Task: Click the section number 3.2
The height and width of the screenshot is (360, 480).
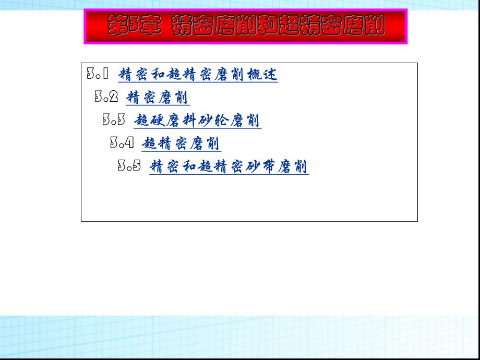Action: pyautogui.click(x=106, y=97)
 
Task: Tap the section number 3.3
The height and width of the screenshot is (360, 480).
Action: pyautogui.click(x=113, y=120)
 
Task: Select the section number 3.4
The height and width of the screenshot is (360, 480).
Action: pyautogui.click(x=122, y=143)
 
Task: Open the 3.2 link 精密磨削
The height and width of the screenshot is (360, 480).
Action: pyautogui.click(x=158, y=98)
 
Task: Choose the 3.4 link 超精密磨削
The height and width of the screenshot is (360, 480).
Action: pyautogui.click(x=181, y=143)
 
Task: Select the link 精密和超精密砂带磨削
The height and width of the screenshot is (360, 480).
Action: pyautogui.click(x=229, y=166)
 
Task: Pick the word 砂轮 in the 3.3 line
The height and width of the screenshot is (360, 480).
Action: pyautogui.click(x=213, y=121)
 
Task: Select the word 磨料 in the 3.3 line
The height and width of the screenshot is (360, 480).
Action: pyautogui.click(x=182, y=121)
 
